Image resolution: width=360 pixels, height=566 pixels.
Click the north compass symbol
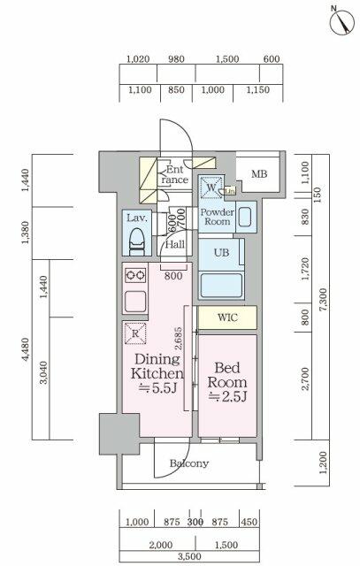click(341, 21)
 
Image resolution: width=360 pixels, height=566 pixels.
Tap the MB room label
click(259, 174)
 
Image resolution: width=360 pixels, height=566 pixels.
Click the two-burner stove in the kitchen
click(135, 276)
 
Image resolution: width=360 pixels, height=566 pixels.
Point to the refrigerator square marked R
click(135, 333)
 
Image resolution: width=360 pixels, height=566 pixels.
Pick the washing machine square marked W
click(211, 187)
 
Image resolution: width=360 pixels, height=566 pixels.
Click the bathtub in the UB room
click(221, 285)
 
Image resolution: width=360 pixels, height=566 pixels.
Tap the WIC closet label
click(227, 317)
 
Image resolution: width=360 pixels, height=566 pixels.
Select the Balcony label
click(189, 463)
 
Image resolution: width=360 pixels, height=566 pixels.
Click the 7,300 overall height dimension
click(324, 299)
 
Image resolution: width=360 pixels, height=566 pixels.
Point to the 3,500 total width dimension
click(189, 556)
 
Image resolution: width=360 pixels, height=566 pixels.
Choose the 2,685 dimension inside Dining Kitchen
click(179, 339)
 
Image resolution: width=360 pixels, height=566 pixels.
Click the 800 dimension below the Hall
click(173, 276)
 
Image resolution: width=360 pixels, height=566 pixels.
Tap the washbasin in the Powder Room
click(246, 217)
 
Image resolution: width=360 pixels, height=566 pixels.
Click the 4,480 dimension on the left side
click(25, 349)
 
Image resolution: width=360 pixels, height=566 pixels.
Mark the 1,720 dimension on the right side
click(305, 269)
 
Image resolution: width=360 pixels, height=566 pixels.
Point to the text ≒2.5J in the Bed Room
click(227, 397)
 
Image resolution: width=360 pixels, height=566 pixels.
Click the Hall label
click(175, 244)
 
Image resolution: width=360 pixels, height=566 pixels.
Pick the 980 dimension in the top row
click(176, 59)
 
